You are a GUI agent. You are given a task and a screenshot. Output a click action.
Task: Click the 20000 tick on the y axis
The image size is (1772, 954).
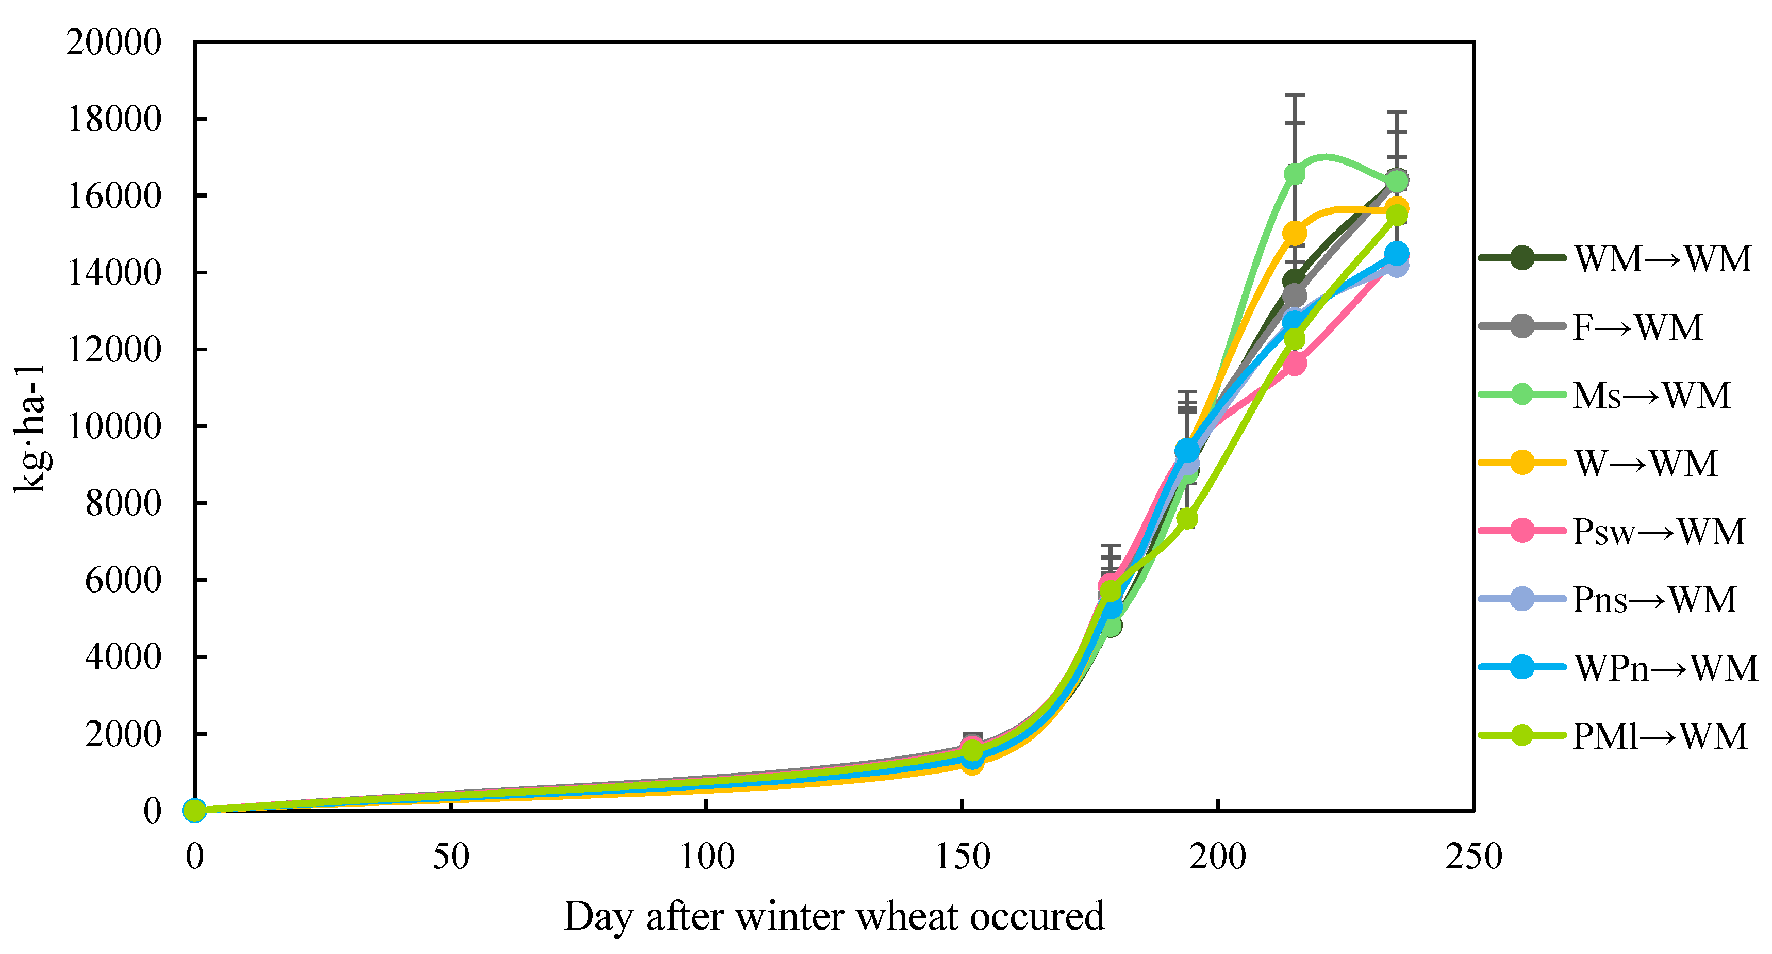click(x=113, y=43)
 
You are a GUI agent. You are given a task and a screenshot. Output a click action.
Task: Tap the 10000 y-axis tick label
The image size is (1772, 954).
click(x=113, y=426)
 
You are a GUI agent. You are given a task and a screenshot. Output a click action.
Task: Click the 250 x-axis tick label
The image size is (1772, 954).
click(x=1473, y=857)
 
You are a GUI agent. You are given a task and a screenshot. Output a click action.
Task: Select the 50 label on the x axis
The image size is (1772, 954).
click(x=451, y=857)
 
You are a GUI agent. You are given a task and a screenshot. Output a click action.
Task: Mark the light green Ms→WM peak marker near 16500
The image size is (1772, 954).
click(x=1295, y=174)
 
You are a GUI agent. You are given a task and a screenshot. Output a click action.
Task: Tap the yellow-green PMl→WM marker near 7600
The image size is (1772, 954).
click(x=1187, y=519)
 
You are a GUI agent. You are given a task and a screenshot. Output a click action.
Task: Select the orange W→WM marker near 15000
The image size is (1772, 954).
click(x=1295, y=233)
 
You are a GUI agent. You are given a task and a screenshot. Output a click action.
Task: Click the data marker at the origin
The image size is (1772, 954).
click(x=195, y=810)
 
